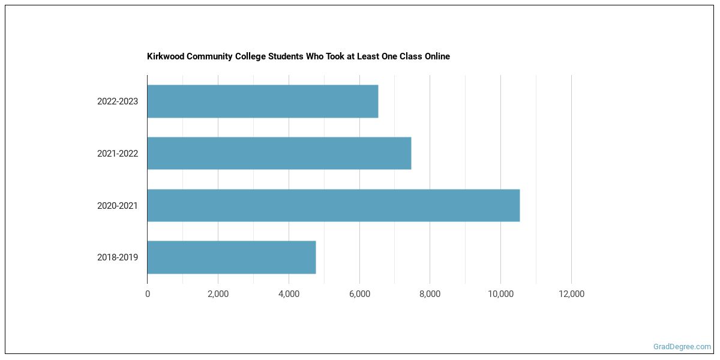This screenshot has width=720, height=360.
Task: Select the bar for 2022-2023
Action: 262,101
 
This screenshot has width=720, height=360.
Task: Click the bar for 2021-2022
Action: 279,153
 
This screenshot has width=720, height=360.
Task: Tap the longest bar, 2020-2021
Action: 333,205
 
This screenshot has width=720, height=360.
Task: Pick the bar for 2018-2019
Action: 231,257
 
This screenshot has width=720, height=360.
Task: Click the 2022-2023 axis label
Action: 118,101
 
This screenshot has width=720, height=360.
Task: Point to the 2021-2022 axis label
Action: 118,154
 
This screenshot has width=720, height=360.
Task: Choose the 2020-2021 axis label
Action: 118,206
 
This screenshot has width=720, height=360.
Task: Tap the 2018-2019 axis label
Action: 118,257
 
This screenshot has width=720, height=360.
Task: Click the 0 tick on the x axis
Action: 148,294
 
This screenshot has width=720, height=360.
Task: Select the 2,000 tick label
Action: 218,294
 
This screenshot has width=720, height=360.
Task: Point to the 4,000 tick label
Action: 289,294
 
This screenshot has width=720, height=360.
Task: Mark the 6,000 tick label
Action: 359,294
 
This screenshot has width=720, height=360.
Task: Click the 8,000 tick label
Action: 430,294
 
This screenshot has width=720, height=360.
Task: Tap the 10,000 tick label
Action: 500,294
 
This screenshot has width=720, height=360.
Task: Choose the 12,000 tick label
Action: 571,294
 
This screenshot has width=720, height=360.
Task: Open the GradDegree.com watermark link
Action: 682,347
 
